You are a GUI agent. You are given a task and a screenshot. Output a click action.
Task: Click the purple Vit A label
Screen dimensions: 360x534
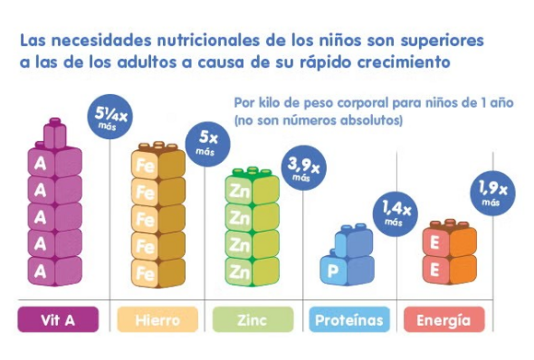click(59, 321)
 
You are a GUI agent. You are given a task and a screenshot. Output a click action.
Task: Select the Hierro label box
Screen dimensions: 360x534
click(157, 321)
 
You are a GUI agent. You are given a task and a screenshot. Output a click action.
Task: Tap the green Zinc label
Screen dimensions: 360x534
click(253, 321)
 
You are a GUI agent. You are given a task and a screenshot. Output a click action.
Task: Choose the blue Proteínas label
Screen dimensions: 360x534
click(349, 321)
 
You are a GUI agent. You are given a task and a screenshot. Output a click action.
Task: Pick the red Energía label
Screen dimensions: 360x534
click(443, 321)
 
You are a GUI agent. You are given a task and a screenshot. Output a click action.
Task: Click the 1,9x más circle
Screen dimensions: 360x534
click(491, 192)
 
